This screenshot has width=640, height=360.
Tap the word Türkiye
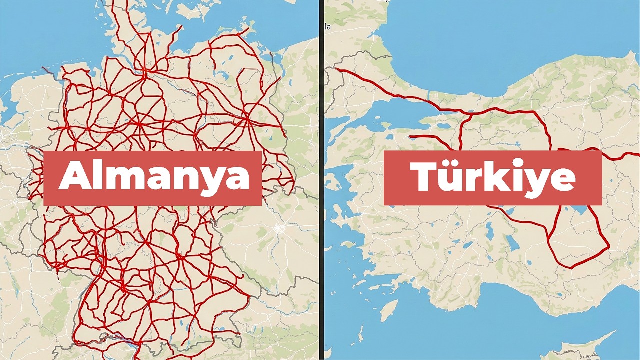click(x=492, y=177)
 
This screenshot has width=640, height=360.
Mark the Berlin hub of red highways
click(x=247, y=119)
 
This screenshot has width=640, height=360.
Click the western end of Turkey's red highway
click(x=336, y=69)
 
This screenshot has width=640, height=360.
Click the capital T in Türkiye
click(x=425, y=176)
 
